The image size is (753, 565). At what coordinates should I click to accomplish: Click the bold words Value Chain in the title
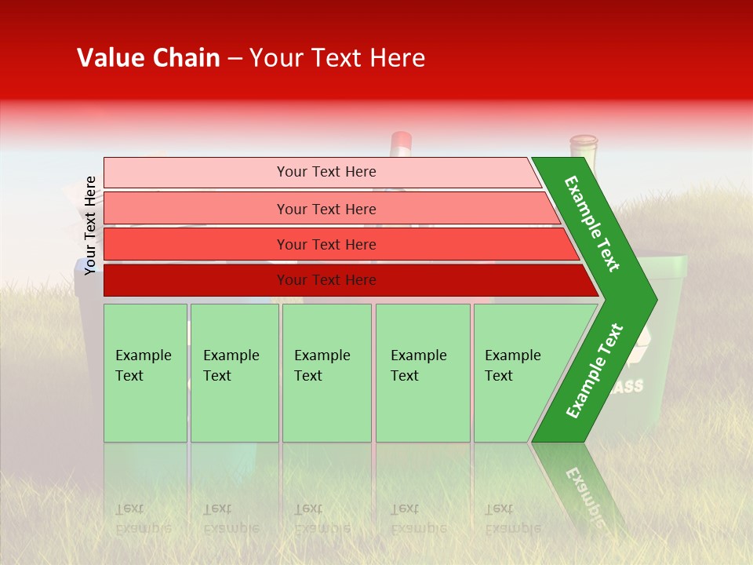click(148, 58)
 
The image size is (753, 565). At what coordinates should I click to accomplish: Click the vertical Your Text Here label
click(90, 225)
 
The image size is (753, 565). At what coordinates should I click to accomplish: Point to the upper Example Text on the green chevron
click(592, 224)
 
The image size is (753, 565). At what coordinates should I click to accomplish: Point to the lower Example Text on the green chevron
click(595, 370)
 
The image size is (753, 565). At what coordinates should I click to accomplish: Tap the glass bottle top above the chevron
click(583, 146)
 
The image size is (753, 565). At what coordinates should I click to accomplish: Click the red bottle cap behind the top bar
click(401, 142)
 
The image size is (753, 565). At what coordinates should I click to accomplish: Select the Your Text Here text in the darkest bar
click(326, 280)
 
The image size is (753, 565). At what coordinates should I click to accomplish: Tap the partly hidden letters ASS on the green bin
click(629, 386)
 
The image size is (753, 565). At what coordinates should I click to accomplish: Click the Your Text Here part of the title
click(337, 58)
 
